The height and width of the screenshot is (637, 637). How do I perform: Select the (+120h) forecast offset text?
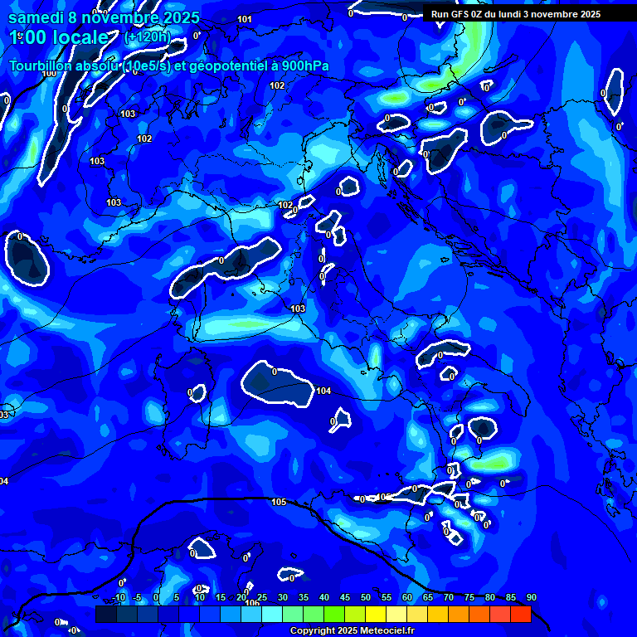tap(147, 37)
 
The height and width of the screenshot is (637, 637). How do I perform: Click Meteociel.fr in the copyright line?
tap(382, 631)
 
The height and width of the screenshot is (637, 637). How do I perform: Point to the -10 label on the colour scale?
tap(118, 598)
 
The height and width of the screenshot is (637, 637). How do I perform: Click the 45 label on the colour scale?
tap(345, 598)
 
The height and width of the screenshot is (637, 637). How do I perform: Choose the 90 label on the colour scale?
tap(531, 598)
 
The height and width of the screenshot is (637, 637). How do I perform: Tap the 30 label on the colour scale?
tap(283, 598)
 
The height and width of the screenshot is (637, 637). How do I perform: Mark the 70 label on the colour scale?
tap(449, 598)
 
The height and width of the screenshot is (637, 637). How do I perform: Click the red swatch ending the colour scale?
tap(520, 614)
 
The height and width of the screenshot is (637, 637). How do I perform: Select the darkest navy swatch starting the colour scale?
tap(105, 614)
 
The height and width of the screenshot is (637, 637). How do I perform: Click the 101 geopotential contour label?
tap(245, 19)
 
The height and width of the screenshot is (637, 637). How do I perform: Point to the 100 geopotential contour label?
tap(49, 73)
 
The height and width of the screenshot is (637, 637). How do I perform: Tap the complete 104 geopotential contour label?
tap(323, 391)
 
